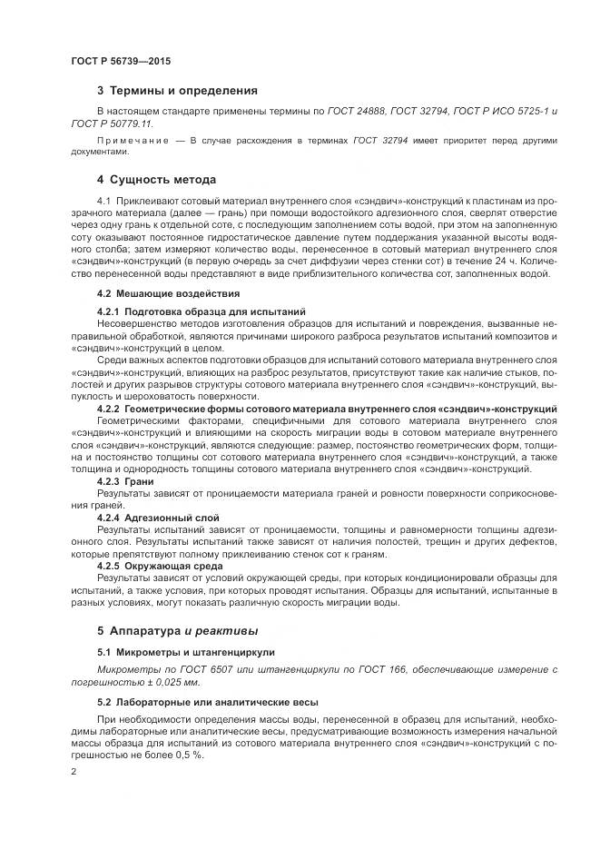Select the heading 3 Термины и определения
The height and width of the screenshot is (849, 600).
(177, 91)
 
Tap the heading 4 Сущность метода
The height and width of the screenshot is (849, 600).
(156, 179)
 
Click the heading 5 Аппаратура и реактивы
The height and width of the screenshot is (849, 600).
(177, 629)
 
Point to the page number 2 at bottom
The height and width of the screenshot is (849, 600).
(74, 771)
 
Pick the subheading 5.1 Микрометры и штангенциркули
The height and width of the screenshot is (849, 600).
(185, 652)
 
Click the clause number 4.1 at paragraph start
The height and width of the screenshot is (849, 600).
(103, 199)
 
